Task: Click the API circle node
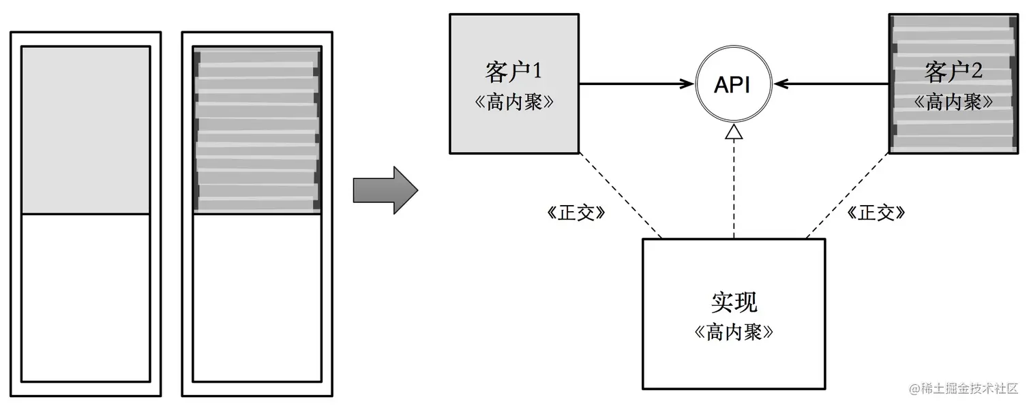[733, 84]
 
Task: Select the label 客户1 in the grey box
[513, 70]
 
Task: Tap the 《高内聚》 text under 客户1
[513, 102]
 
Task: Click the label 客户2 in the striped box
[953, 70]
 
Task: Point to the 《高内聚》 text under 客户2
[953, 102]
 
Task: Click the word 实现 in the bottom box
[734, 302]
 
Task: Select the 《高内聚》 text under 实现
[734, 332]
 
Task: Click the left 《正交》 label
[576, 213]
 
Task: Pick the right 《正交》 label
[876, 213]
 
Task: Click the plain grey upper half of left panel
[86, 129]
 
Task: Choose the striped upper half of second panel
[257, 129]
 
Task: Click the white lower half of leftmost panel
[86, 298]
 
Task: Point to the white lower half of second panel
[257, 298]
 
